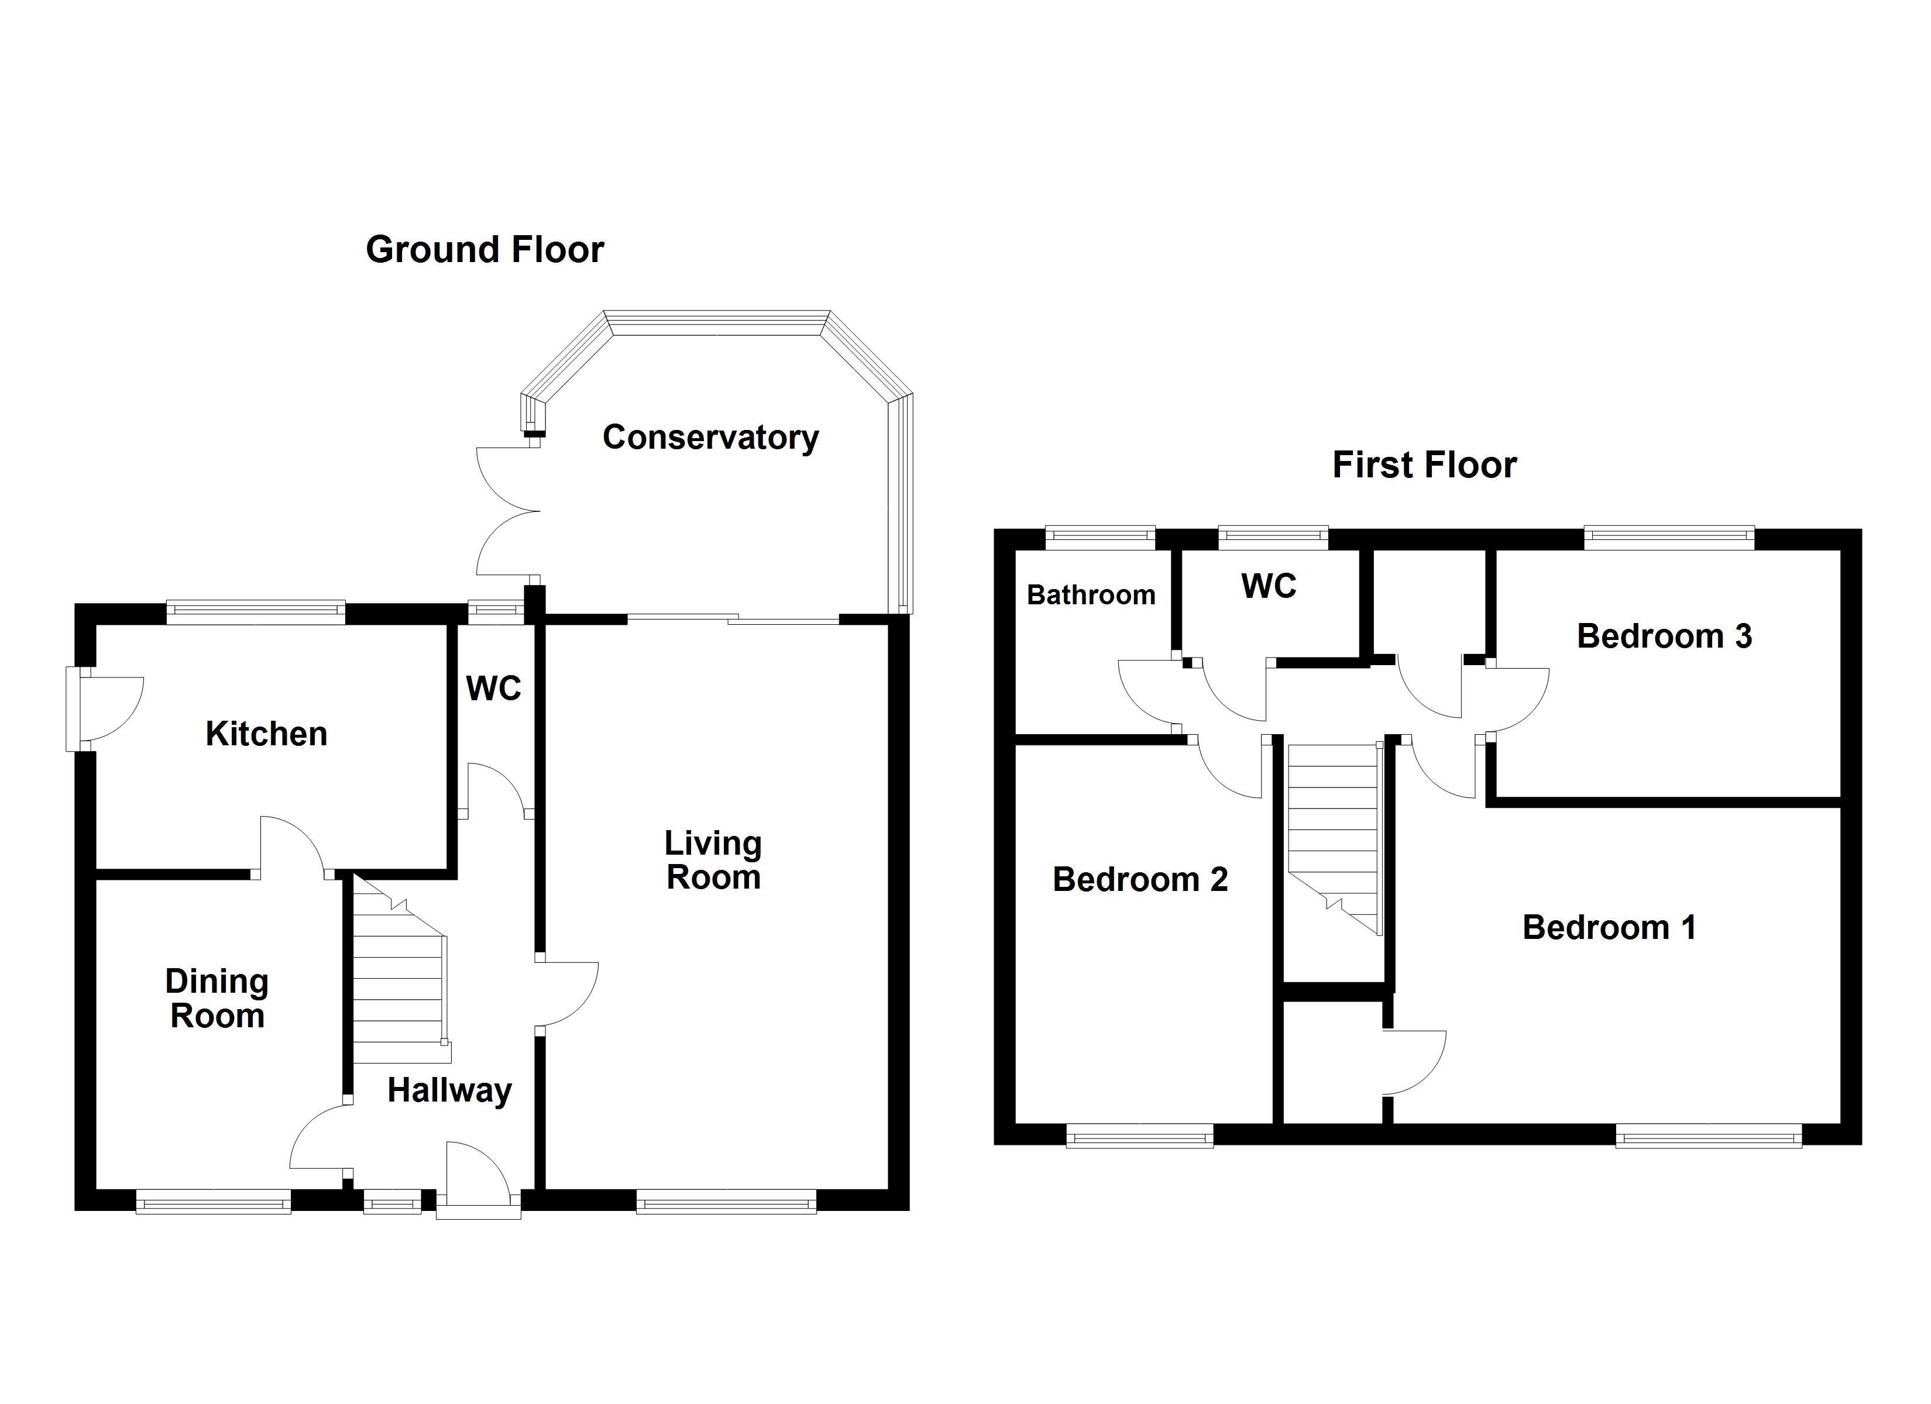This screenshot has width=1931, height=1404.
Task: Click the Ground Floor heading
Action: tap(485, 249)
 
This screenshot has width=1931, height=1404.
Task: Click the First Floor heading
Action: tap(1424, 465)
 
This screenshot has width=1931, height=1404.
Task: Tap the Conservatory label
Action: tap(710, 438)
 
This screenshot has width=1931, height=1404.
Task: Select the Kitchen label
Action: tap(266, 734)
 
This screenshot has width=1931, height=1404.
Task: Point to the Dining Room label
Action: tap(217, 999)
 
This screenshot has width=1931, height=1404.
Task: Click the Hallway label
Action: tap(449, 1090)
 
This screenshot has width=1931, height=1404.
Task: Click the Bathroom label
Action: tap(1091, 594)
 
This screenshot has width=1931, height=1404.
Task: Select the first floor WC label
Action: tap(1269, 586)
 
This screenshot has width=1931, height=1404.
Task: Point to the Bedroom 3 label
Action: tap(1665, 636)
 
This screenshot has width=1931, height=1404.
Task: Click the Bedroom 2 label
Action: tap(1140, 879)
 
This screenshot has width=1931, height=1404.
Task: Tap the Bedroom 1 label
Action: tap(1609, 927)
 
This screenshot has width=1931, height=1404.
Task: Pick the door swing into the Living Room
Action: tap(568, 994)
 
